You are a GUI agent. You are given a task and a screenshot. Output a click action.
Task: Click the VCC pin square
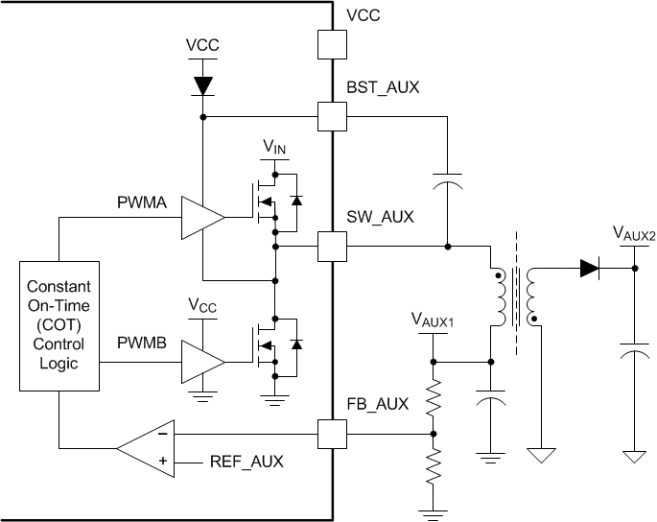tap(331, 45)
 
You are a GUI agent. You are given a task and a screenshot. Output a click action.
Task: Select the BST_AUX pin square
tap(331, 118)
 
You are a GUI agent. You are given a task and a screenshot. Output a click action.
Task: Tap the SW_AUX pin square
tap(331, 247)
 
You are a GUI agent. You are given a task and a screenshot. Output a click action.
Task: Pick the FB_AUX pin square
tap(331, 435)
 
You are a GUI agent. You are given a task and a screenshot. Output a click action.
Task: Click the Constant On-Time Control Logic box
tap(59, 325)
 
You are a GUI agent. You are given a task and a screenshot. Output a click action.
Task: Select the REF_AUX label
tap(246, 462)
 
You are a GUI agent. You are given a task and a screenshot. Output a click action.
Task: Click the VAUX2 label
tap(634, 233)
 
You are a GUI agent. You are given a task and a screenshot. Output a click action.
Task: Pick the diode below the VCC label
tap(201, 85)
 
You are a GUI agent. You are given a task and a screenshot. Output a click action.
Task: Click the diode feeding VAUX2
tap(589, 269)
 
